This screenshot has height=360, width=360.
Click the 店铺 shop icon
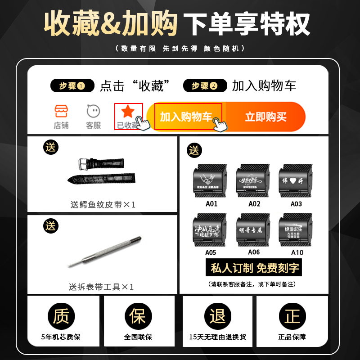coord(61,111)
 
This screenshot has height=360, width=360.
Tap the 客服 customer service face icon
coord(93,111)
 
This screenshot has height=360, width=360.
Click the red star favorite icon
coord(128,112)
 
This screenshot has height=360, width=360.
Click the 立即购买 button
coord(265,117)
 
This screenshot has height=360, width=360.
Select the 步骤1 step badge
coord(72,85)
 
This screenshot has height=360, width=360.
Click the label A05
coord(210,252)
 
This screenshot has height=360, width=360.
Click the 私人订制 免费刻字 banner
coord(255,268)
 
